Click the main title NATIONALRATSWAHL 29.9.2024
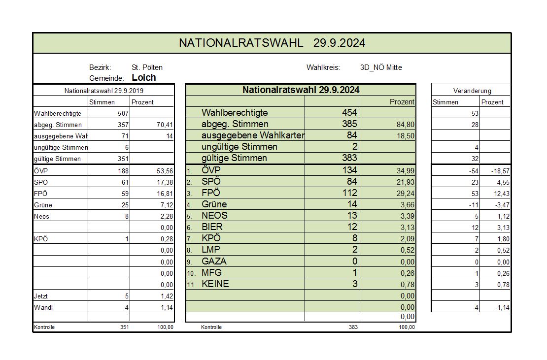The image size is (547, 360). pyautogui.click(x=272, y=43)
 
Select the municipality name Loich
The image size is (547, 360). pyautogui.click(x=144, y=77)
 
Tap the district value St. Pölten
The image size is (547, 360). pyautogui.click(x=147, y=67)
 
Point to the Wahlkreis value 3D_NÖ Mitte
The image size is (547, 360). pyautogui.click(x=381, y=67)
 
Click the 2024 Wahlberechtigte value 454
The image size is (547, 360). pyautogui.click(x=349, y=113)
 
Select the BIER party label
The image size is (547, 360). pyautogui.click(x=212, y=227)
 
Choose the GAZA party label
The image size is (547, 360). pyautogui.click(x=214, y=262)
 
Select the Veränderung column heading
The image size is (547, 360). pyautogui.click(x=472, y=91)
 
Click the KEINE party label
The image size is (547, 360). pyautogui.click(x=215, y=284)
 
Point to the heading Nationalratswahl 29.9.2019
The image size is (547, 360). pyautogui.click(x=104, y=91)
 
